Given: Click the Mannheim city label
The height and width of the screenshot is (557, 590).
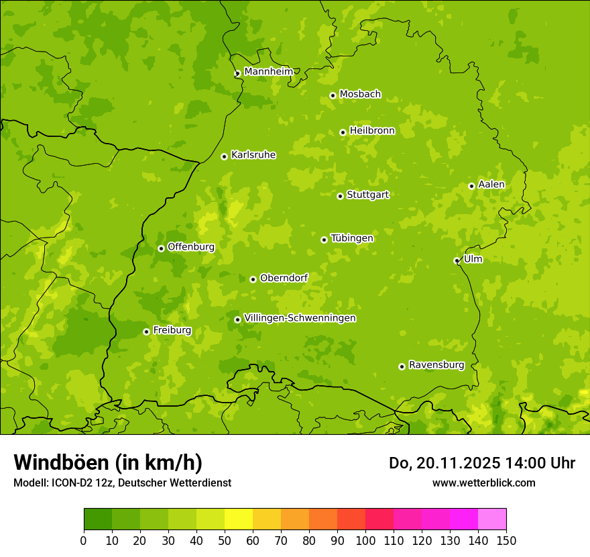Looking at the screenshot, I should (268, 72).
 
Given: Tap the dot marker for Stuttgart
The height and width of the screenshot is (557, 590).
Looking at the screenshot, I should (340, 196).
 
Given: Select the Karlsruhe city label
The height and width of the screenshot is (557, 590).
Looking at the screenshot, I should (253, 155).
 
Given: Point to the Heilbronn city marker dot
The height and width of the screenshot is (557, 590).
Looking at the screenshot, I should (343, 132).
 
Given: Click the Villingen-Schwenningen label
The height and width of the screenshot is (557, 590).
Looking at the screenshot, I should (300, 318).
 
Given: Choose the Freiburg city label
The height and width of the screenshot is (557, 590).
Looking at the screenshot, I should (172, 330).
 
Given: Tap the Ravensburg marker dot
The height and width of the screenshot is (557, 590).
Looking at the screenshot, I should (402, 366).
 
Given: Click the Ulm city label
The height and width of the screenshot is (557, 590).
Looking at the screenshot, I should (473, 259).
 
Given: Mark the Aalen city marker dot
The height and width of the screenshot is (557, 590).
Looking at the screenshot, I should (471, 186).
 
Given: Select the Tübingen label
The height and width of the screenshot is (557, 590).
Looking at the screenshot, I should (352, 238).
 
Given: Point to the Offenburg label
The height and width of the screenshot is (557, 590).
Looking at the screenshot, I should (191, 247).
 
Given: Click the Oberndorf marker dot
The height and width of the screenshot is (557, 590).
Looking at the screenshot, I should (253, 279).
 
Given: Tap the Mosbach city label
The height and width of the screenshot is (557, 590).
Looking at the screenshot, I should (360, 95).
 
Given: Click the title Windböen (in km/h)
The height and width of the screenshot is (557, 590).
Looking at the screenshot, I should (107, 462).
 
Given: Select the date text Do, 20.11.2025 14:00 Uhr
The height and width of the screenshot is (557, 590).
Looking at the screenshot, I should (481, 463).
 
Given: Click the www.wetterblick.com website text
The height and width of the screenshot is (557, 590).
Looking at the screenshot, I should (483, 483).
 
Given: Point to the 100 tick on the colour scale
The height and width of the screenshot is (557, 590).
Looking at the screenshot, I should (365, 540).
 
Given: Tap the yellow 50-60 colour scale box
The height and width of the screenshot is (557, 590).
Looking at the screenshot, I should (239, 519).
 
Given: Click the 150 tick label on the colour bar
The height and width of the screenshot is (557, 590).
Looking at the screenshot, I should (506, 540).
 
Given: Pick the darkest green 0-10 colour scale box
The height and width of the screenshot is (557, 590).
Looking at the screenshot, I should (98, 519).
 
